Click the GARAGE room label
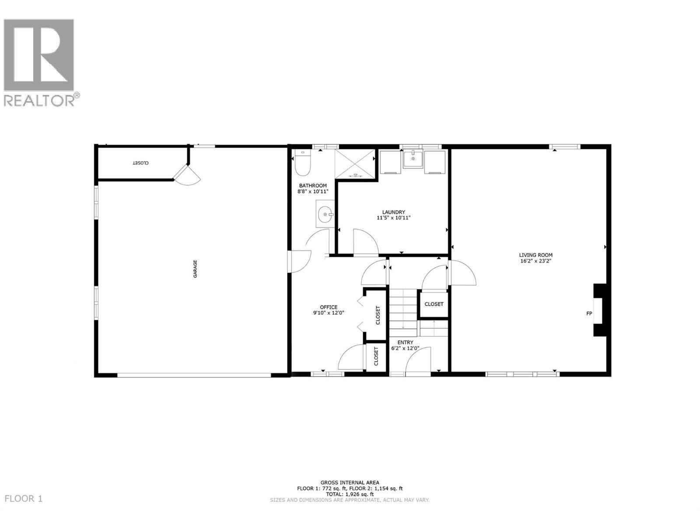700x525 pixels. (x=196, y=269)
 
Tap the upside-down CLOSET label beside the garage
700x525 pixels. (x=141, y=163)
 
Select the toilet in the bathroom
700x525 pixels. (x=302, y=162)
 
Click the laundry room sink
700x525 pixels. (x=413, y=159)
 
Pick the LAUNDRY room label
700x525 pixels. (x=394, y=212)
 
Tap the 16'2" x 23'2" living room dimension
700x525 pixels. (x=535, y=261)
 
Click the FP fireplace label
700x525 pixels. (x=589, y=313)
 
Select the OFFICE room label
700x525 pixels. (x=329, y=307)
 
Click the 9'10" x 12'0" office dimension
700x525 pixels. (x=329, y=313)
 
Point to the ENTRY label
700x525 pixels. (x=405, y=343)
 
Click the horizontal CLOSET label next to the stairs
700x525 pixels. (x=434, y=304)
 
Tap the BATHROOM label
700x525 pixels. (x=313, y=185)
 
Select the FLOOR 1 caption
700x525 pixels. (x=24, y=499)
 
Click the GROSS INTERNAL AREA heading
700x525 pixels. (x=350, y=483)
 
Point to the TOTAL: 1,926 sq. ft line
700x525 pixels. (x=350, y=494)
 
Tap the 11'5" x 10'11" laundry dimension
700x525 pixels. (x=394, y=218)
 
